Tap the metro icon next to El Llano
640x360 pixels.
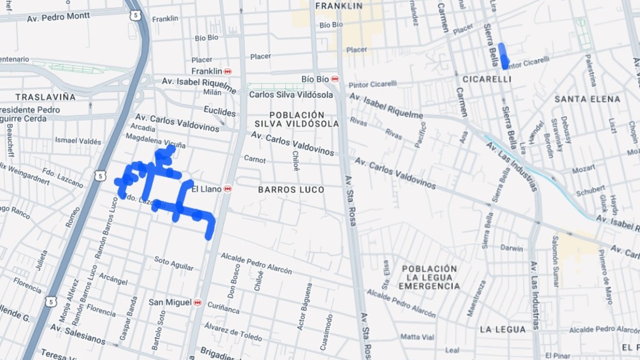[228, 189]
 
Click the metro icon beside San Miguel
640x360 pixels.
[198, 302]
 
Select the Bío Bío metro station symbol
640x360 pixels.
[334, 79]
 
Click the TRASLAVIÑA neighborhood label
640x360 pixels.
[45, 97]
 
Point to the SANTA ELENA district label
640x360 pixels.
[587, 99]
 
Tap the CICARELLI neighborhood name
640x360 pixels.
[486, 79]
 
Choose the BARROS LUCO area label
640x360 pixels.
[291, 190]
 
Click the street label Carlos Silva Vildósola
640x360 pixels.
[291, 95]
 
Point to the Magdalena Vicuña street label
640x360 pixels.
[156, 141]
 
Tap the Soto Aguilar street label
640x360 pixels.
[174, 262]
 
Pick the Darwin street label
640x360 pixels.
[511, 247]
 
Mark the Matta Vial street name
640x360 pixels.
[418, 337]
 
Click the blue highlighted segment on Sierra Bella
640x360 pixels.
[502, 56]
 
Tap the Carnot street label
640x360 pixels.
[254, 159]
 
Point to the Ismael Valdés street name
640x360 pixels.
[78, 141]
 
